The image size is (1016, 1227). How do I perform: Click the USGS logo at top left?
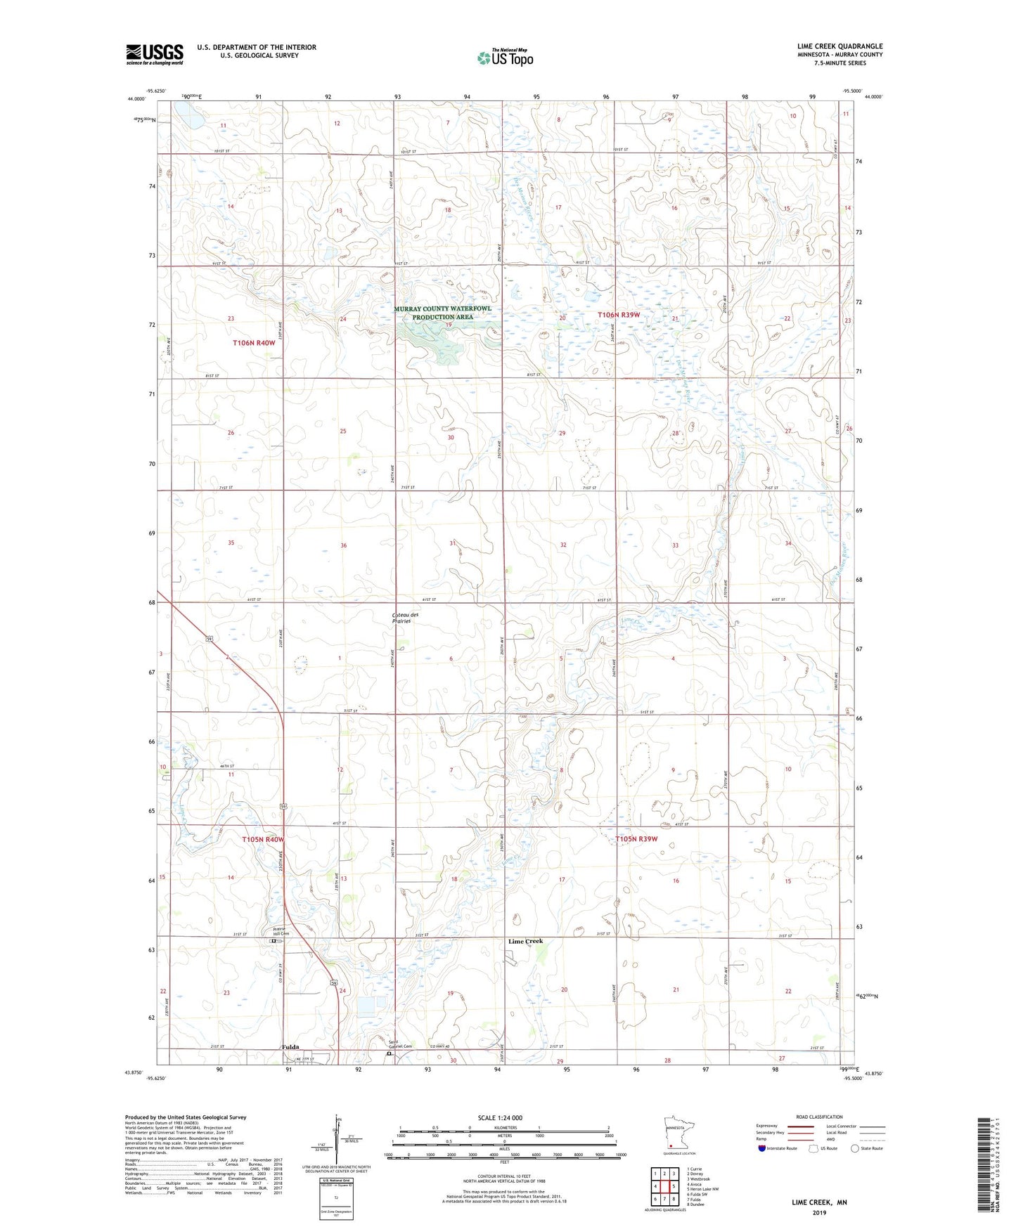pyautogui.click(x=154, y=54)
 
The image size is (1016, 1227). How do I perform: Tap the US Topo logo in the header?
pyautogui.click(x=505, y=58)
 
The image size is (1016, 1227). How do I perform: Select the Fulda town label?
pyautogui.click(x=291, y=1047)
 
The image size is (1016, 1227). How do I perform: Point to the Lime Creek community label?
pyautogui.click(x=525, y=941)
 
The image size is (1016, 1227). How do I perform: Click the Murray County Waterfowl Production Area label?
pyautogui.click(x=442, y=313)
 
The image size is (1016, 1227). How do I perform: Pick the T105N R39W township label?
pyautogui.click(x=636, y=839)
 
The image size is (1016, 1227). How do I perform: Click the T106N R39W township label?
pyautogui.click(x=619, y=315)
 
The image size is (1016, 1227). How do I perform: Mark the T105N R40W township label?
pyautogui.click(x=263, y=840)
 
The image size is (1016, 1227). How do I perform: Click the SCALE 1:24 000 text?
pyautogui.click(x=500, y=1117)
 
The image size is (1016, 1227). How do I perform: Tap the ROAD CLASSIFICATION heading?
pyautogui.click(x=819, y=1117)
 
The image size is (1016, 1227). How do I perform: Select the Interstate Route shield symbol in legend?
pyautogui.click(x=763, y=1148)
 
